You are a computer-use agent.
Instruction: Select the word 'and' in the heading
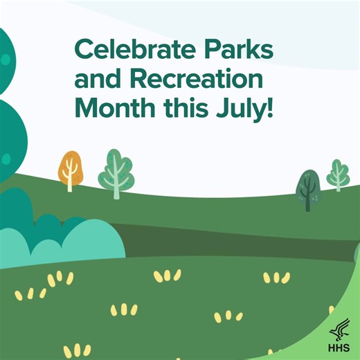coord(96,80)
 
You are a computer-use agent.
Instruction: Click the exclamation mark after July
coord(269,109)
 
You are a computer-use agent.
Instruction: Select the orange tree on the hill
coord(70,170)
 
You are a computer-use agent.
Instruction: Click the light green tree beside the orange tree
coord(116,173)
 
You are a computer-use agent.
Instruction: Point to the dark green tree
coord(308,189)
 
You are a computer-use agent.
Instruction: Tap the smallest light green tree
coord(338,174)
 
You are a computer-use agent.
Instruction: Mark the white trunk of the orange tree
coord(70,181)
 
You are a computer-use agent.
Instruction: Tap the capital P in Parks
coord(208,50)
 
